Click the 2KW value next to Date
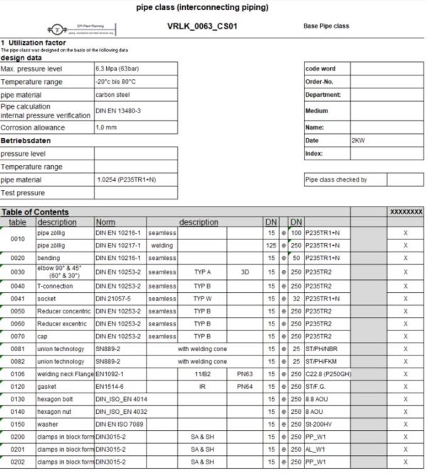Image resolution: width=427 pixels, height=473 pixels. point(357,141)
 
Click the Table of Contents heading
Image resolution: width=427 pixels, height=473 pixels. point(36,212)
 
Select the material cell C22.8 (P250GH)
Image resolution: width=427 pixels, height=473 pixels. point(328,373)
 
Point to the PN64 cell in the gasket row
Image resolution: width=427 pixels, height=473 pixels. point(245,386)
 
